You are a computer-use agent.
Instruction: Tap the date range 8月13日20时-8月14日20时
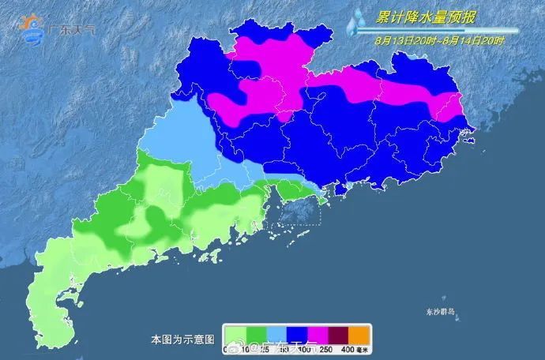point(434,36)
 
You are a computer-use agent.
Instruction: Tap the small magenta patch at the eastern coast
point(453,107)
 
